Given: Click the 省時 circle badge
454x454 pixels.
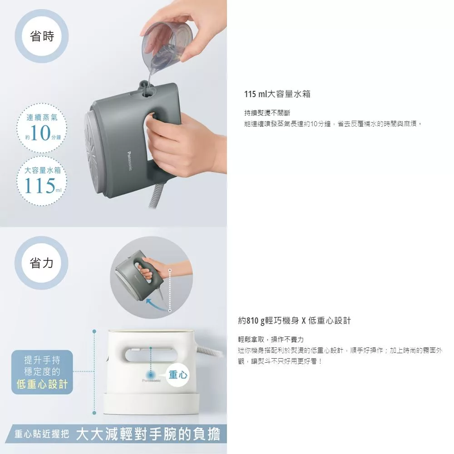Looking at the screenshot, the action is click(x=42, y=36).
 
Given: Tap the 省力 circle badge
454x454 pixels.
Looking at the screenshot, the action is click(x=41, y=262).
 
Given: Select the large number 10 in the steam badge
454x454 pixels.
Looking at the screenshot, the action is click(x=40, y=133).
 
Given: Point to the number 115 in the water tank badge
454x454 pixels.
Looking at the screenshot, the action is click(x=39, y=185).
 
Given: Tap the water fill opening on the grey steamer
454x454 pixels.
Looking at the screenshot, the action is click(x=147, y=93).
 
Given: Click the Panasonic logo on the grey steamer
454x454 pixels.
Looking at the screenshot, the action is click(x=129, y=161).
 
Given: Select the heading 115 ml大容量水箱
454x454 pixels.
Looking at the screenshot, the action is click(x=277, y=94).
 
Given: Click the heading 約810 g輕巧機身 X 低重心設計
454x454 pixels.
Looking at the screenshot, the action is click(x=294, y=321).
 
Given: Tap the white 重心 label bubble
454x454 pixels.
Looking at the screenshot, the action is click(x=178, y=375).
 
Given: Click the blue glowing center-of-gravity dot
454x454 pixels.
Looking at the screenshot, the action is click(x=151, y=374).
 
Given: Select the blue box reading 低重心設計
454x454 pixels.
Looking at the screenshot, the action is click(x=42, y=372).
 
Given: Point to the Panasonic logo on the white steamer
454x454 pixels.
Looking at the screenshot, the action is click(x=151, y=380).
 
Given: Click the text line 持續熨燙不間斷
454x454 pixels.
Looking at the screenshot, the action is click(x=267, y=113).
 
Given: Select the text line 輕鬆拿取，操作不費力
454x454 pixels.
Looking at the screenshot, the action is click(x=271, y=339).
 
